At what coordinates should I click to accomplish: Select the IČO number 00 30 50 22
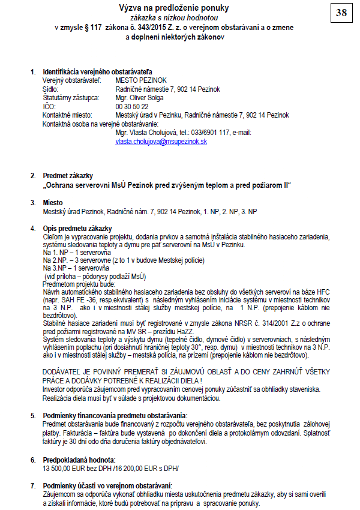point(132,106)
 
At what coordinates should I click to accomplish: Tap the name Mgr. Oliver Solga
point(140,98)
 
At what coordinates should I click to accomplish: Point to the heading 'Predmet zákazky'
point(67,175)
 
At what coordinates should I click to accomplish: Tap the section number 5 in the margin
point(33,415)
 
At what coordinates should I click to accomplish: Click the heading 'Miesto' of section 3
point(53,203)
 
